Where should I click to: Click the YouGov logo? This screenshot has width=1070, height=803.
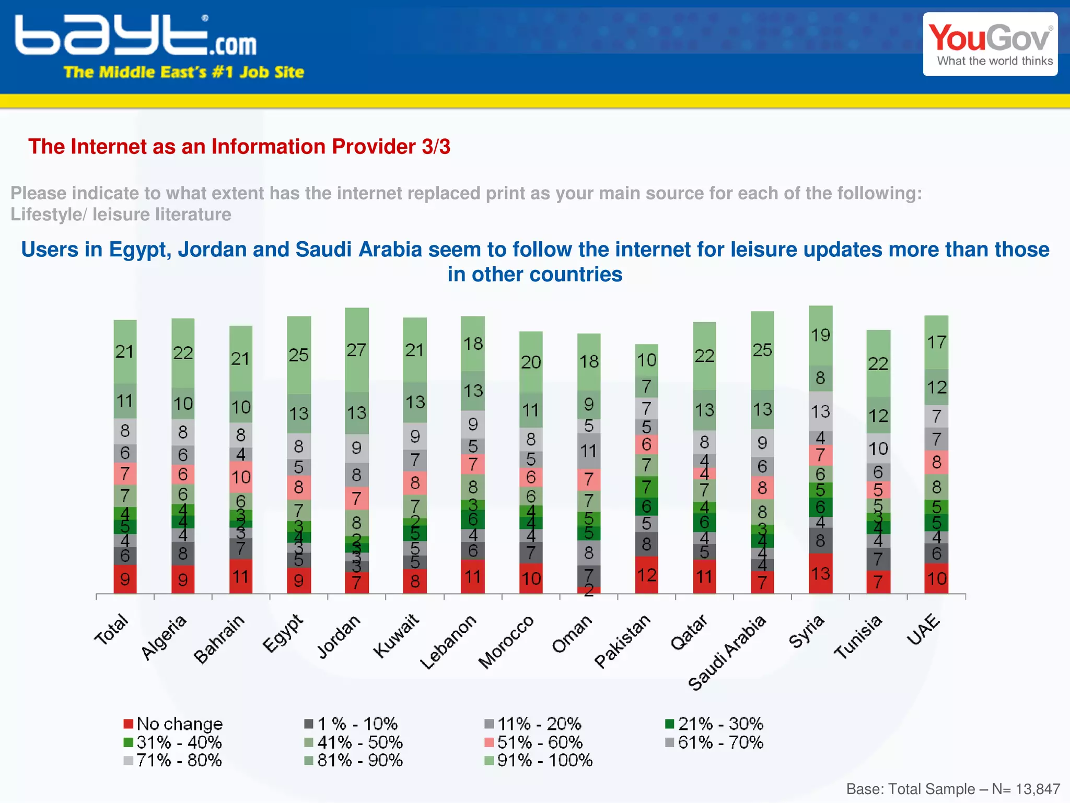tap(990, 44)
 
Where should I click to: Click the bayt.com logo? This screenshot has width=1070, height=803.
tap(136, 36)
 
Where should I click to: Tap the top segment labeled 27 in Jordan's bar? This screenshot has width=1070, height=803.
tap(357, 350)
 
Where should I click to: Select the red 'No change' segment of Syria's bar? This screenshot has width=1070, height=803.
tap(820, 573)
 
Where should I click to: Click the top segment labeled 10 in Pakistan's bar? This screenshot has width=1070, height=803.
tap(646, 360)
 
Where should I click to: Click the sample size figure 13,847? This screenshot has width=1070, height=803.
tap(1038, 789)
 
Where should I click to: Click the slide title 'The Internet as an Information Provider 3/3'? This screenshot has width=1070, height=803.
tap(239, 147)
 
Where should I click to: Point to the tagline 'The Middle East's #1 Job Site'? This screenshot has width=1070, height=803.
tap(183, 72)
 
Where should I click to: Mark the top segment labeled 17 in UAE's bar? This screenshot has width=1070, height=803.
tap(936, 342)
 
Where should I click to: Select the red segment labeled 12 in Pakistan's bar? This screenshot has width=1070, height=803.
tap(646, 575)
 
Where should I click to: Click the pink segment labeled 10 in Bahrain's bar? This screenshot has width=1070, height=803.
tap(241, 477)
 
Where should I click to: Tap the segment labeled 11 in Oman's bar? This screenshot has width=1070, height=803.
tap(588, 451)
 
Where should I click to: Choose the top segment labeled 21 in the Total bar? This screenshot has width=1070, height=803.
tap(125, 351)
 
